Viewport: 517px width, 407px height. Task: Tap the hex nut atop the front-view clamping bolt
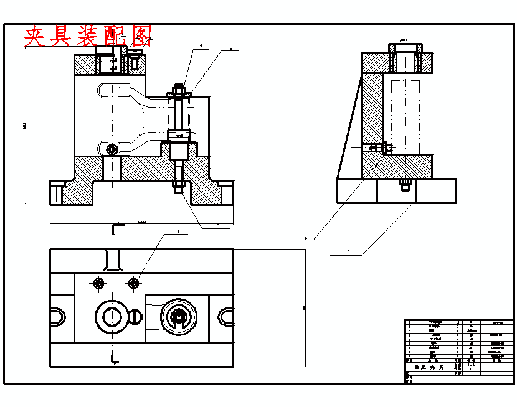pos(178,88)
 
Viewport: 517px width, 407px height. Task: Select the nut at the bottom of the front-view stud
pos(179,185)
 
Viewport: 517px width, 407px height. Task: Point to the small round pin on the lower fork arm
pos(111,149)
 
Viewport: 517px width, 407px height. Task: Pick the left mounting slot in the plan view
pos(57,317)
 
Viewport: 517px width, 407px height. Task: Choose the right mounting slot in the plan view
pos(225,317)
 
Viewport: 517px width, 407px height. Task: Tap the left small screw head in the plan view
pos(98,284)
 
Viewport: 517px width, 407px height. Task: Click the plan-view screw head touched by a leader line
pos(133,284)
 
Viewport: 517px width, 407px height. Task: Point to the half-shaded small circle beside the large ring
pos(135,316)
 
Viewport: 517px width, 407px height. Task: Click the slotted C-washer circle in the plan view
pos(179,316)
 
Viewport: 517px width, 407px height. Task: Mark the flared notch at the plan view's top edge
pos(113,260)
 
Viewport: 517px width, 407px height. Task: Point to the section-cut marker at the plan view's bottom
pos(115,359)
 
